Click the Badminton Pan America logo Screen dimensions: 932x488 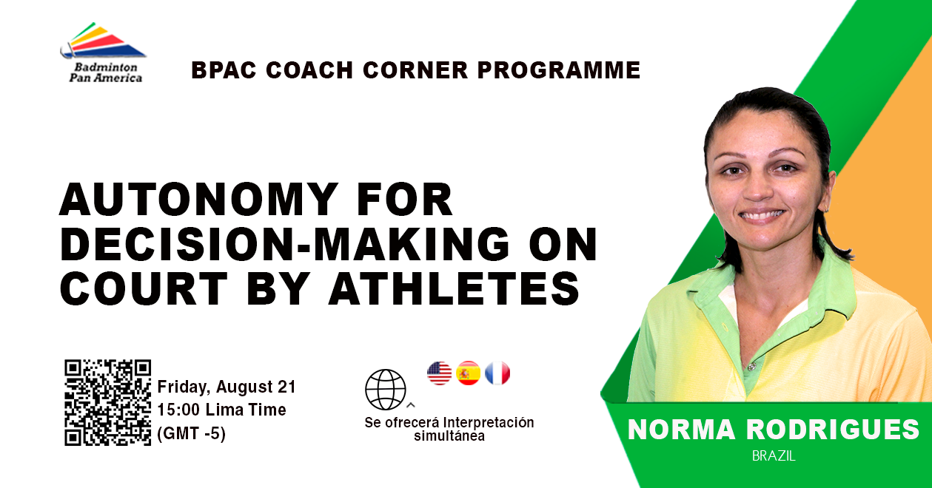[x=103, y=52]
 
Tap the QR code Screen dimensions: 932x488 [x=108, y=402]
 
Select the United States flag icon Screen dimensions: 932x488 [x=440, y=373]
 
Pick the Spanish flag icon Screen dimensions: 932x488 [x=469, y=373]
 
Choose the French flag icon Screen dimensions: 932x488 [x=497, y=373]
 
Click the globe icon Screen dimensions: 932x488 [x=385, y=390]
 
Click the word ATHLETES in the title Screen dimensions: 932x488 [x=455, y=288]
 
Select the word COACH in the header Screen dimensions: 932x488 [x=309, y=70]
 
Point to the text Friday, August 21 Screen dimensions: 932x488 [x=227, y=387]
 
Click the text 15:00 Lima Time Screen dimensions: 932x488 [x=222, y=410]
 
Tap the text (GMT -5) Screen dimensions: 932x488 [x=192, y=433]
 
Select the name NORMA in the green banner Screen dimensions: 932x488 [x=682, y=430]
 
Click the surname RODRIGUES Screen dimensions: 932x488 [x=833, y=430]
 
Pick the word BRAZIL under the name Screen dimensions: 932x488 [x=774, y=456]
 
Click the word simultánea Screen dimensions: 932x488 [x=449, y=436]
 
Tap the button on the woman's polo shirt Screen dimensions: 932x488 [x=751, y=366]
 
